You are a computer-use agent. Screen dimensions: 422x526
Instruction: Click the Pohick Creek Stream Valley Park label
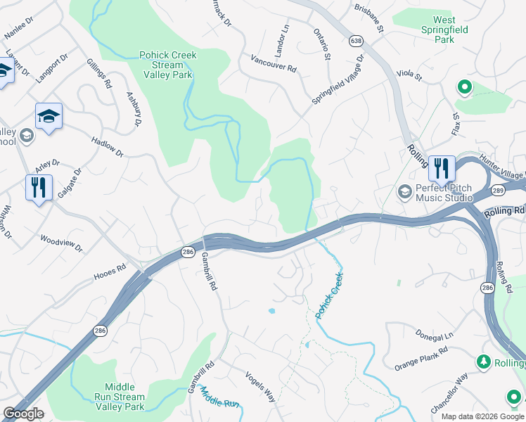(168, 64)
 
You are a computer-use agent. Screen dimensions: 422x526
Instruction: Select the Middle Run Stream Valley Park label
(124, 397)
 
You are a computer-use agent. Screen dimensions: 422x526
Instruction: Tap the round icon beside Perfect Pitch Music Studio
(404, 191)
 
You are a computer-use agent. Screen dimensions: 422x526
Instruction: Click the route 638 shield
(356, 42)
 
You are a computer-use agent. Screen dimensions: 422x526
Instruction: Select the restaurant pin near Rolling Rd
(442, 169)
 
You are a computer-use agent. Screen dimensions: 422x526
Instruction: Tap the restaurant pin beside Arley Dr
(39, 188)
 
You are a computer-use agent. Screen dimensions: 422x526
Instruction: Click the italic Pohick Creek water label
(329, 293)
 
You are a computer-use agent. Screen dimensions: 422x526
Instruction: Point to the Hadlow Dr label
(107, 147)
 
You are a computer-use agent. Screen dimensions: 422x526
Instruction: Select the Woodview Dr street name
(61, 244)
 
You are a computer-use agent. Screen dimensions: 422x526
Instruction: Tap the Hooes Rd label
(110, 273)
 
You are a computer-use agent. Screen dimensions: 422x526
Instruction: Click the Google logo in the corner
(23, 414)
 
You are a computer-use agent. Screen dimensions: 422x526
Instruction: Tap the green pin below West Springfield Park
(464, 89)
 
